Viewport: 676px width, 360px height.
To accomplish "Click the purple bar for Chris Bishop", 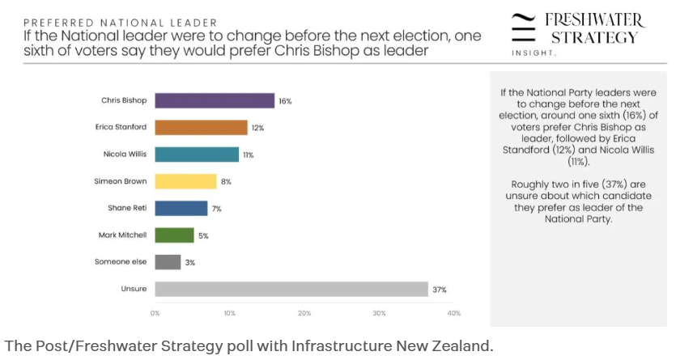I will click(x=215, y=100).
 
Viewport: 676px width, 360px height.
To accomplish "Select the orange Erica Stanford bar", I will click(x=201, y=127).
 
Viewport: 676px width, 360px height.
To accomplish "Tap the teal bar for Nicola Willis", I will click(x=197, y=154).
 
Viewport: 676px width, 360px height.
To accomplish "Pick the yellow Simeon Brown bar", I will click(x=185, y=181).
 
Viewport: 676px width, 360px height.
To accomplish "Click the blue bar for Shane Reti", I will click(x=181, y=208).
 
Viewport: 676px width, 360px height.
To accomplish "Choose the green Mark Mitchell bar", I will click(x=174, y=235).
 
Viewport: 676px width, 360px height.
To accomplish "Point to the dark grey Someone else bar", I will click(x=168, y=262).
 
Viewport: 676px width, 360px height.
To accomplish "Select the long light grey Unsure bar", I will click(x=291, y=289).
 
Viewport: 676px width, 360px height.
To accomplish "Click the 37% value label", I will click(x=440, y=289).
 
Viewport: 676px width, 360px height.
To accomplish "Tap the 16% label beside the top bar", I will click(x=285, y=101).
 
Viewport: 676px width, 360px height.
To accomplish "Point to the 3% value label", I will click(x=189, y=262).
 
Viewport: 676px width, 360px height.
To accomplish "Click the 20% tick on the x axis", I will click(x=304, y=313).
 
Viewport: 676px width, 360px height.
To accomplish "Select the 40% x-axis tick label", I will click(x=454, y=313).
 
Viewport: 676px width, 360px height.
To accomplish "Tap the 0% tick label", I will click(x=155, y=313).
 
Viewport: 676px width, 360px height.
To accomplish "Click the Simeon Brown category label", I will click(x=120, y=181).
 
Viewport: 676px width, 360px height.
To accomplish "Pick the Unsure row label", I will click(x=134, y=289).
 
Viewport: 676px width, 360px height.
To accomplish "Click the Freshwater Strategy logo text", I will click(x=594, y=28).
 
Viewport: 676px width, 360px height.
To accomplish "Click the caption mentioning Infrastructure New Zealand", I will click(x=248, y=346).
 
